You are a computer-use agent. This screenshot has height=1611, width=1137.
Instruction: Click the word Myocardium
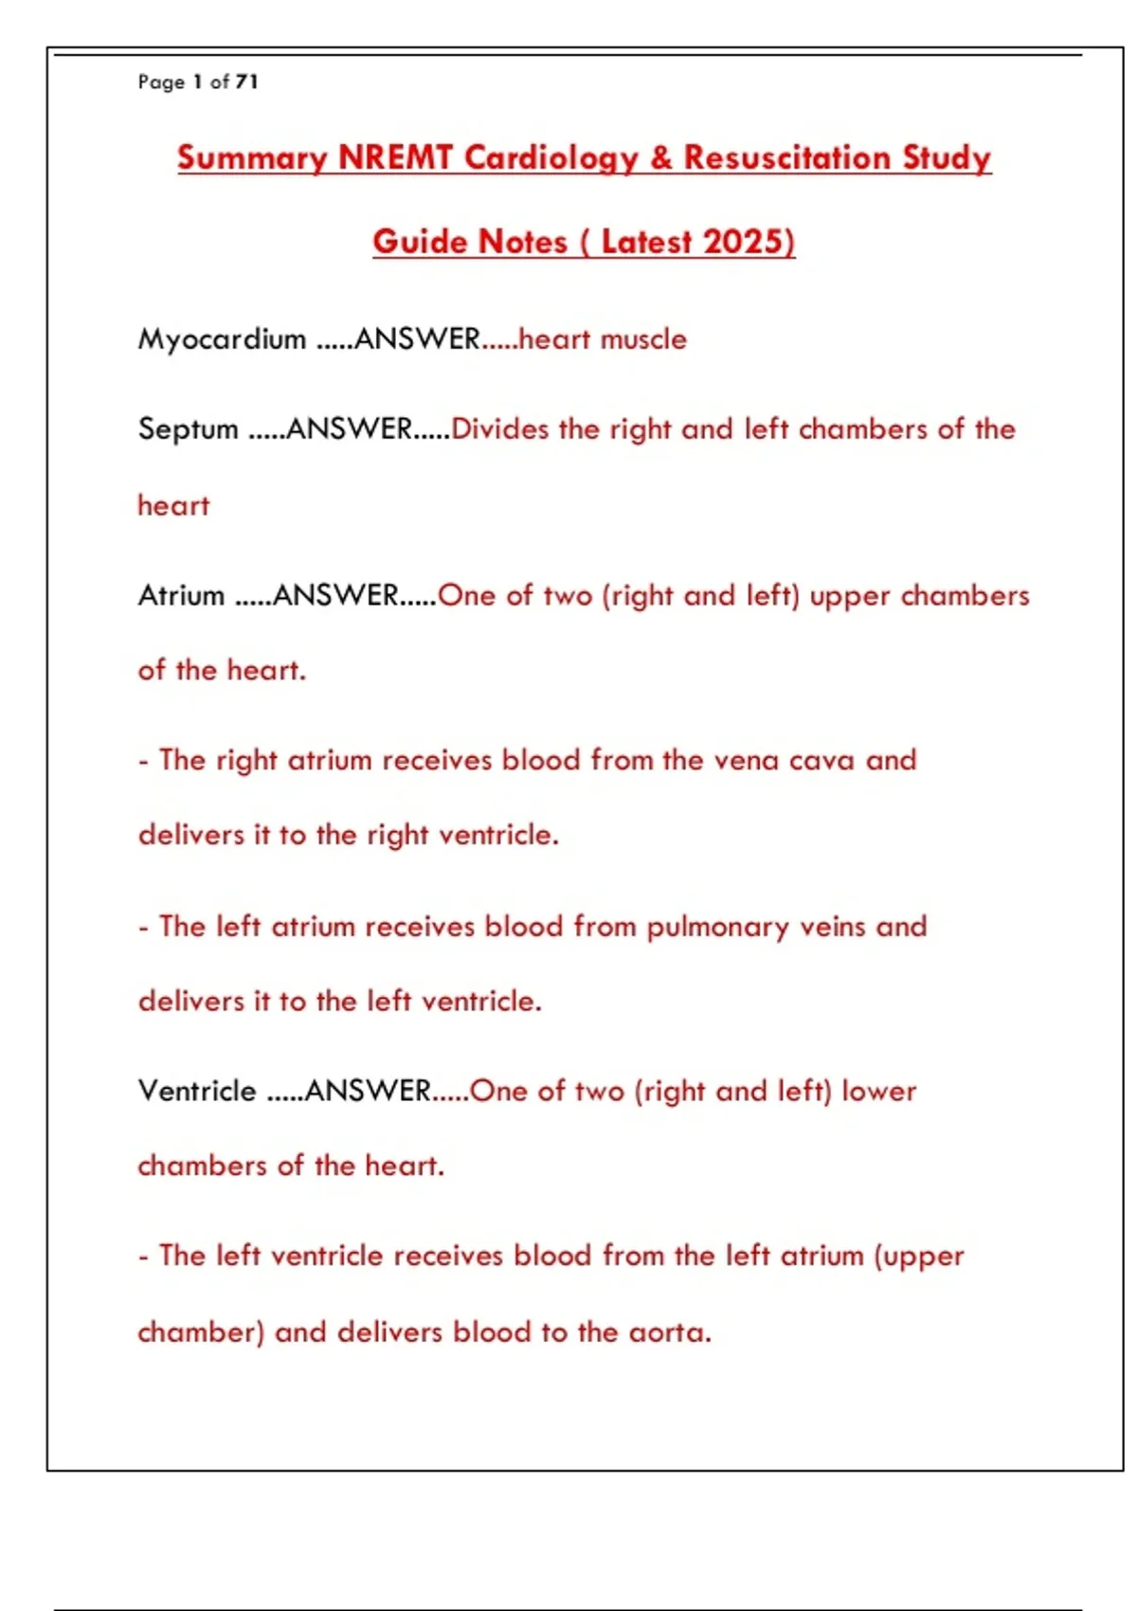[x=222, y=339]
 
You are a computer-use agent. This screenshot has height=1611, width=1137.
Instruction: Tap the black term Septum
[x=188, y=429]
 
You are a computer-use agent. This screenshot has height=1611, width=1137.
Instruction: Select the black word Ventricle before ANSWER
[x=197, y=1091]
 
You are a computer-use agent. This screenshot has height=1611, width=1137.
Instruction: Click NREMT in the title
[x=395, y=157]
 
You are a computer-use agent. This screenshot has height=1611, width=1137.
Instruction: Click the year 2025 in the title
[x=746, y=242]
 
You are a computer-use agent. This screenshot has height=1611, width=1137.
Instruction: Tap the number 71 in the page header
[x=246, y=81]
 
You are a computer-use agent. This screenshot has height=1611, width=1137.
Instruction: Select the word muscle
[x=643, y=339]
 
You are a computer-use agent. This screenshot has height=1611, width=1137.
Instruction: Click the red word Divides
[x=500, y=429]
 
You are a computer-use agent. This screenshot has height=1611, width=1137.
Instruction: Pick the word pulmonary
[x=717, y=927]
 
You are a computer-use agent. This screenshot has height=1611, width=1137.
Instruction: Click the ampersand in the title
[x=661, y=157]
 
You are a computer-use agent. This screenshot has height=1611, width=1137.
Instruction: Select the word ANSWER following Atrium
[x=335, y=595]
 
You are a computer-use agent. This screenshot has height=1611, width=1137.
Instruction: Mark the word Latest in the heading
[x=646, y=242]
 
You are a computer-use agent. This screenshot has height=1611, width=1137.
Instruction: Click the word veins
[x=832, y=927]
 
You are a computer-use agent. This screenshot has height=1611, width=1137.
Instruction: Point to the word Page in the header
[x=161, y=81]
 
